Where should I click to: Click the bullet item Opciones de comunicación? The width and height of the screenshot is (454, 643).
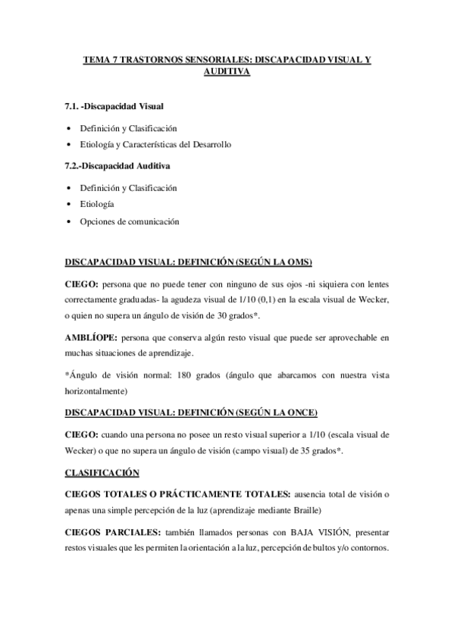pos(130,221)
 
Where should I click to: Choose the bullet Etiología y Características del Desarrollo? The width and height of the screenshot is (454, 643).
pos(161,144)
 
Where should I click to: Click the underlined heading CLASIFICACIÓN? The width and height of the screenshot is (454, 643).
pos(102,473)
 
